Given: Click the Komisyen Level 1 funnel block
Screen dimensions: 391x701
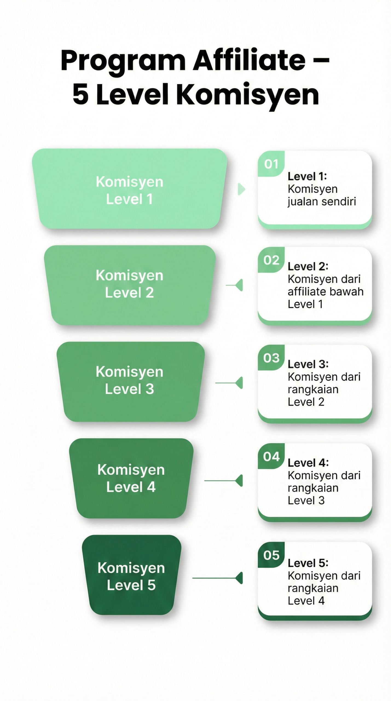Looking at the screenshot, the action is [x=129, y=189].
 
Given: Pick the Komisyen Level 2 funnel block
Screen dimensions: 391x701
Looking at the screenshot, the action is [x=129, y=285].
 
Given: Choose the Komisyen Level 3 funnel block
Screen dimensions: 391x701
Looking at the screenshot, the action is [x=130, y=381].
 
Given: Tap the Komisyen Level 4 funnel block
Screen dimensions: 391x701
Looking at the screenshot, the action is [x=131, y=478].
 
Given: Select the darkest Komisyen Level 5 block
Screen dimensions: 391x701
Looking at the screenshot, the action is [x=131, y=575].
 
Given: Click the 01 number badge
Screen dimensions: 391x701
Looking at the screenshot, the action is [x=271, y=164].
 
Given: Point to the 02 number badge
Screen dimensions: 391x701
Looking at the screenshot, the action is [x=271, y=260].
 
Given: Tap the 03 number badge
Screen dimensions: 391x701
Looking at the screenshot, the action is [x=271, y=358].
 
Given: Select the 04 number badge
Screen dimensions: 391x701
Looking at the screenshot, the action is [x=271, y=456].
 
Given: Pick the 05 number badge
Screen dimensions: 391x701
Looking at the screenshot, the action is [x=271, y=555].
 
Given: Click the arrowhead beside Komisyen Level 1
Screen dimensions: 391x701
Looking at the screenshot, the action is [x=241, y=189].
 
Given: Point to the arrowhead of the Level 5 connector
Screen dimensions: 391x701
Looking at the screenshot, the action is [x=239, y=578].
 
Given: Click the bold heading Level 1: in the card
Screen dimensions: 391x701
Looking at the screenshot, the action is [x=307, y=176].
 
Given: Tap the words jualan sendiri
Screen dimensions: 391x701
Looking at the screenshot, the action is [x=322, y=202].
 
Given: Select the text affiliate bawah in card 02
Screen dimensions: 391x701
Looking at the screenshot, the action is [x=326, y=292].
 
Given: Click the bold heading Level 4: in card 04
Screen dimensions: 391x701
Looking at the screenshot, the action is [x=308, y=463].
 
